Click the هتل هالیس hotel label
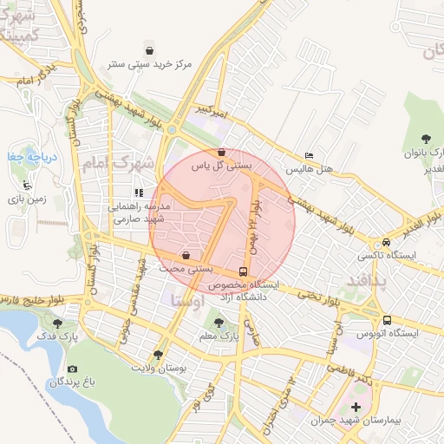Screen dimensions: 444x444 click(x=311, y=166)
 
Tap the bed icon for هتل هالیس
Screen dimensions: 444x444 click(x=310, y=155)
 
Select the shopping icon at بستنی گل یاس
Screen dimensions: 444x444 click(x=221, y=153)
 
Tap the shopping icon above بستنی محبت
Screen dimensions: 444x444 click(x=187, y=256)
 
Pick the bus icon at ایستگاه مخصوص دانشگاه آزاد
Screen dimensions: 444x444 click(x=242, y=271)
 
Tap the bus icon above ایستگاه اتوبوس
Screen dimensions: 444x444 click(x=386, y=319)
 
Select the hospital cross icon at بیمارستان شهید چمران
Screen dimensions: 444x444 click(x=356, y=407)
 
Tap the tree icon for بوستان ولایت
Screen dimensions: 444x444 click(x=157, y=354)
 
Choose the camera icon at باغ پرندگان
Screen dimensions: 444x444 click(x=72, y=369)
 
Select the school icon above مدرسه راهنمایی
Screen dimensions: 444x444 click(x=138, y=193)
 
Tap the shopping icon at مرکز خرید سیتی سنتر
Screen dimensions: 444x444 click(x=151, y=50)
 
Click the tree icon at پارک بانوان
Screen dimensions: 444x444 click(x=425, y=139)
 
